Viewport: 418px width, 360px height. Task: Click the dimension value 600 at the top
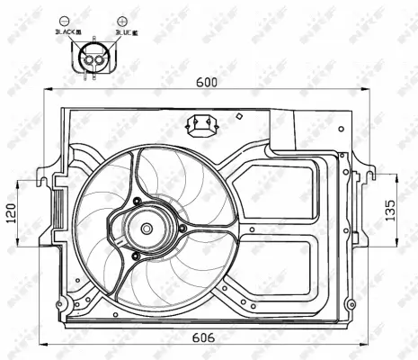pos(207,80)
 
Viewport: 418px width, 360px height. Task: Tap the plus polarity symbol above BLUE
pos(121,20)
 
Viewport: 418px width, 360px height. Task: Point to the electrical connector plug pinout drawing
pos(93,58)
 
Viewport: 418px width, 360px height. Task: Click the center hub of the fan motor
pos(147,229)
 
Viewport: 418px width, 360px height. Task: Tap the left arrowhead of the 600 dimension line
pos(49,89)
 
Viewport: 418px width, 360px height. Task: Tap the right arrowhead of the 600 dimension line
pos(365,89)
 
